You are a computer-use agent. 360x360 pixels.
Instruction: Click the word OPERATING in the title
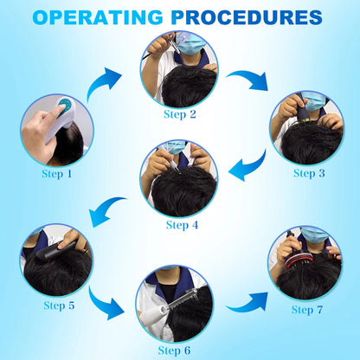tap(98, 17)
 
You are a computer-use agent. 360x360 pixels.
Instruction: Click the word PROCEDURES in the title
tap(247, 17)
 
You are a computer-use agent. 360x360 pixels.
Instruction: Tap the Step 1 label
tap(57, 174)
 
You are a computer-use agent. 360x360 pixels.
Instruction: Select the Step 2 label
tap(180, 114)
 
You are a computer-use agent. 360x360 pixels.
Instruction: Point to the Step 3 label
tap(309, 173)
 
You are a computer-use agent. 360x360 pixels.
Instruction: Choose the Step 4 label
tap(182, 225)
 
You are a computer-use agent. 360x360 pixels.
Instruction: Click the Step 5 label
tap(59, 305)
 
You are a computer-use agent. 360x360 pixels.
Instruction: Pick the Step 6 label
tap(174, 350)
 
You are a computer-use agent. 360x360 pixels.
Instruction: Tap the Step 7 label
tap(307, 310)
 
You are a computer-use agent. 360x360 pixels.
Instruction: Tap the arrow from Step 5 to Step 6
tap(104, 305)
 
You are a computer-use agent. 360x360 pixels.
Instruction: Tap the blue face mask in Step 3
tap(315, 101)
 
